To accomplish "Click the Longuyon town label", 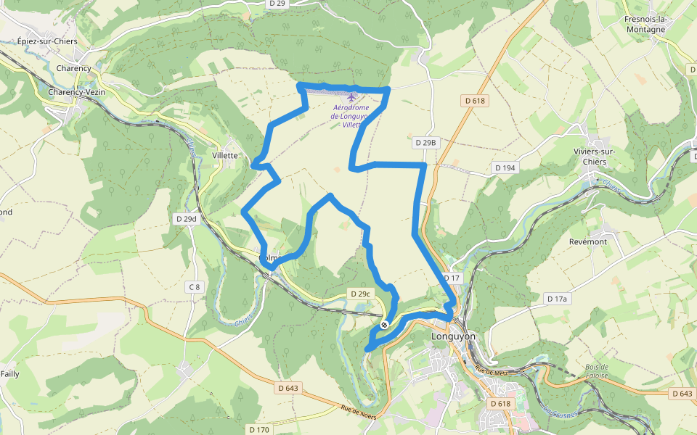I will point(453,336).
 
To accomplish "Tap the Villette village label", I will point(225,155).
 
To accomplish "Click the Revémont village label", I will point(588,241).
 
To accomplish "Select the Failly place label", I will point(9,374).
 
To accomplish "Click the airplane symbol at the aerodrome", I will point(352,96).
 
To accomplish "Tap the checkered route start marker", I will point(384,325).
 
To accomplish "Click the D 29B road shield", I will point(426,143).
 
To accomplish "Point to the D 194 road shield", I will point(505,167).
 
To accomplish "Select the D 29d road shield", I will point(187,218).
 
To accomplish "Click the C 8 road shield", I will point(194,287).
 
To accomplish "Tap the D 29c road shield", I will point(360,294).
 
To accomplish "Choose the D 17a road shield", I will point(557,299).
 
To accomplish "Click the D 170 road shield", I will point(259,429).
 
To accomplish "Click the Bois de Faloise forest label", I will point(595,371).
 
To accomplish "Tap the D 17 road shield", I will point(452,278).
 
